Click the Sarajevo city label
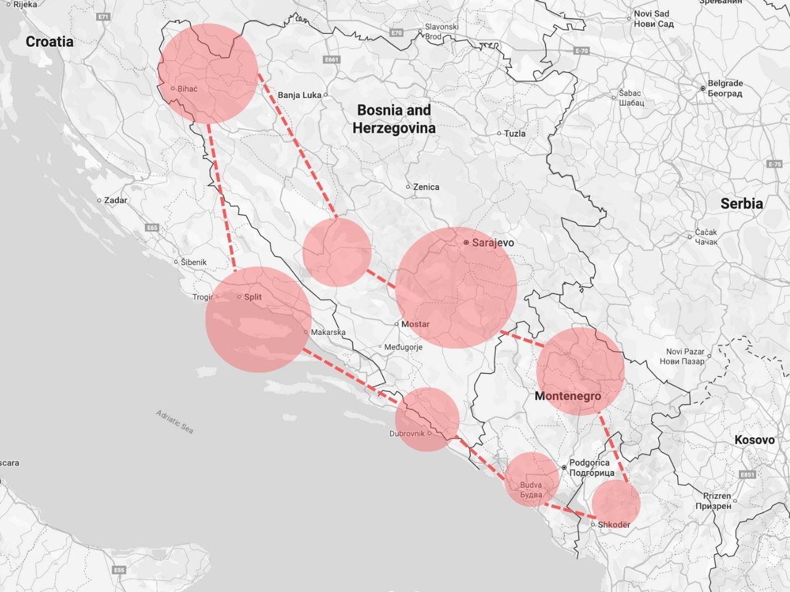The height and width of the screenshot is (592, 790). click(x=492, y=243)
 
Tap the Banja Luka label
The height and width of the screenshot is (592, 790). click(x=300, y=96)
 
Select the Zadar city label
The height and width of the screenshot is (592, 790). click(x=115, y=200)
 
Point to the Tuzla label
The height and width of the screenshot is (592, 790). click(x=515, y=134)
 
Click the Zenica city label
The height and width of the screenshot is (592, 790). click(x=426, y=187)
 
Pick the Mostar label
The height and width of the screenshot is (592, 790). click(x=415, y=324)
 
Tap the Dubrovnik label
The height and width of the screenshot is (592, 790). click(x=407, y=434)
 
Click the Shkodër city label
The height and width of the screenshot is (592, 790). click(x=614, y=525)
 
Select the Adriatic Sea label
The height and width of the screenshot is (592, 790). click(x=175, y=422)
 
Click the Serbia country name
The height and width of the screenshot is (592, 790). click(x=741, y=203)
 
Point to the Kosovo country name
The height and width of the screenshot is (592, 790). click(x=754, y=440)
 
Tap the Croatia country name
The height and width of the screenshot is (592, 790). click(x=49, y=42)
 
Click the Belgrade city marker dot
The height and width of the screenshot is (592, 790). click(x=702, y=89)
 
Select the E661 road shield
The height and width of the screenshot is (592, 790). click(x=331, y=60)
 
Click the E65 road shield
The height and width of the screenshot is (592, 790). click(x=152, y=228)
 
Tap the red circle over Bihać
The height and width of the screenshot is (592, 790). click(x=208, y=73)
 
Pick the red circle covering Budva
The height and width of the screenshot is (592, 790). click(x=531, y=480)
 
